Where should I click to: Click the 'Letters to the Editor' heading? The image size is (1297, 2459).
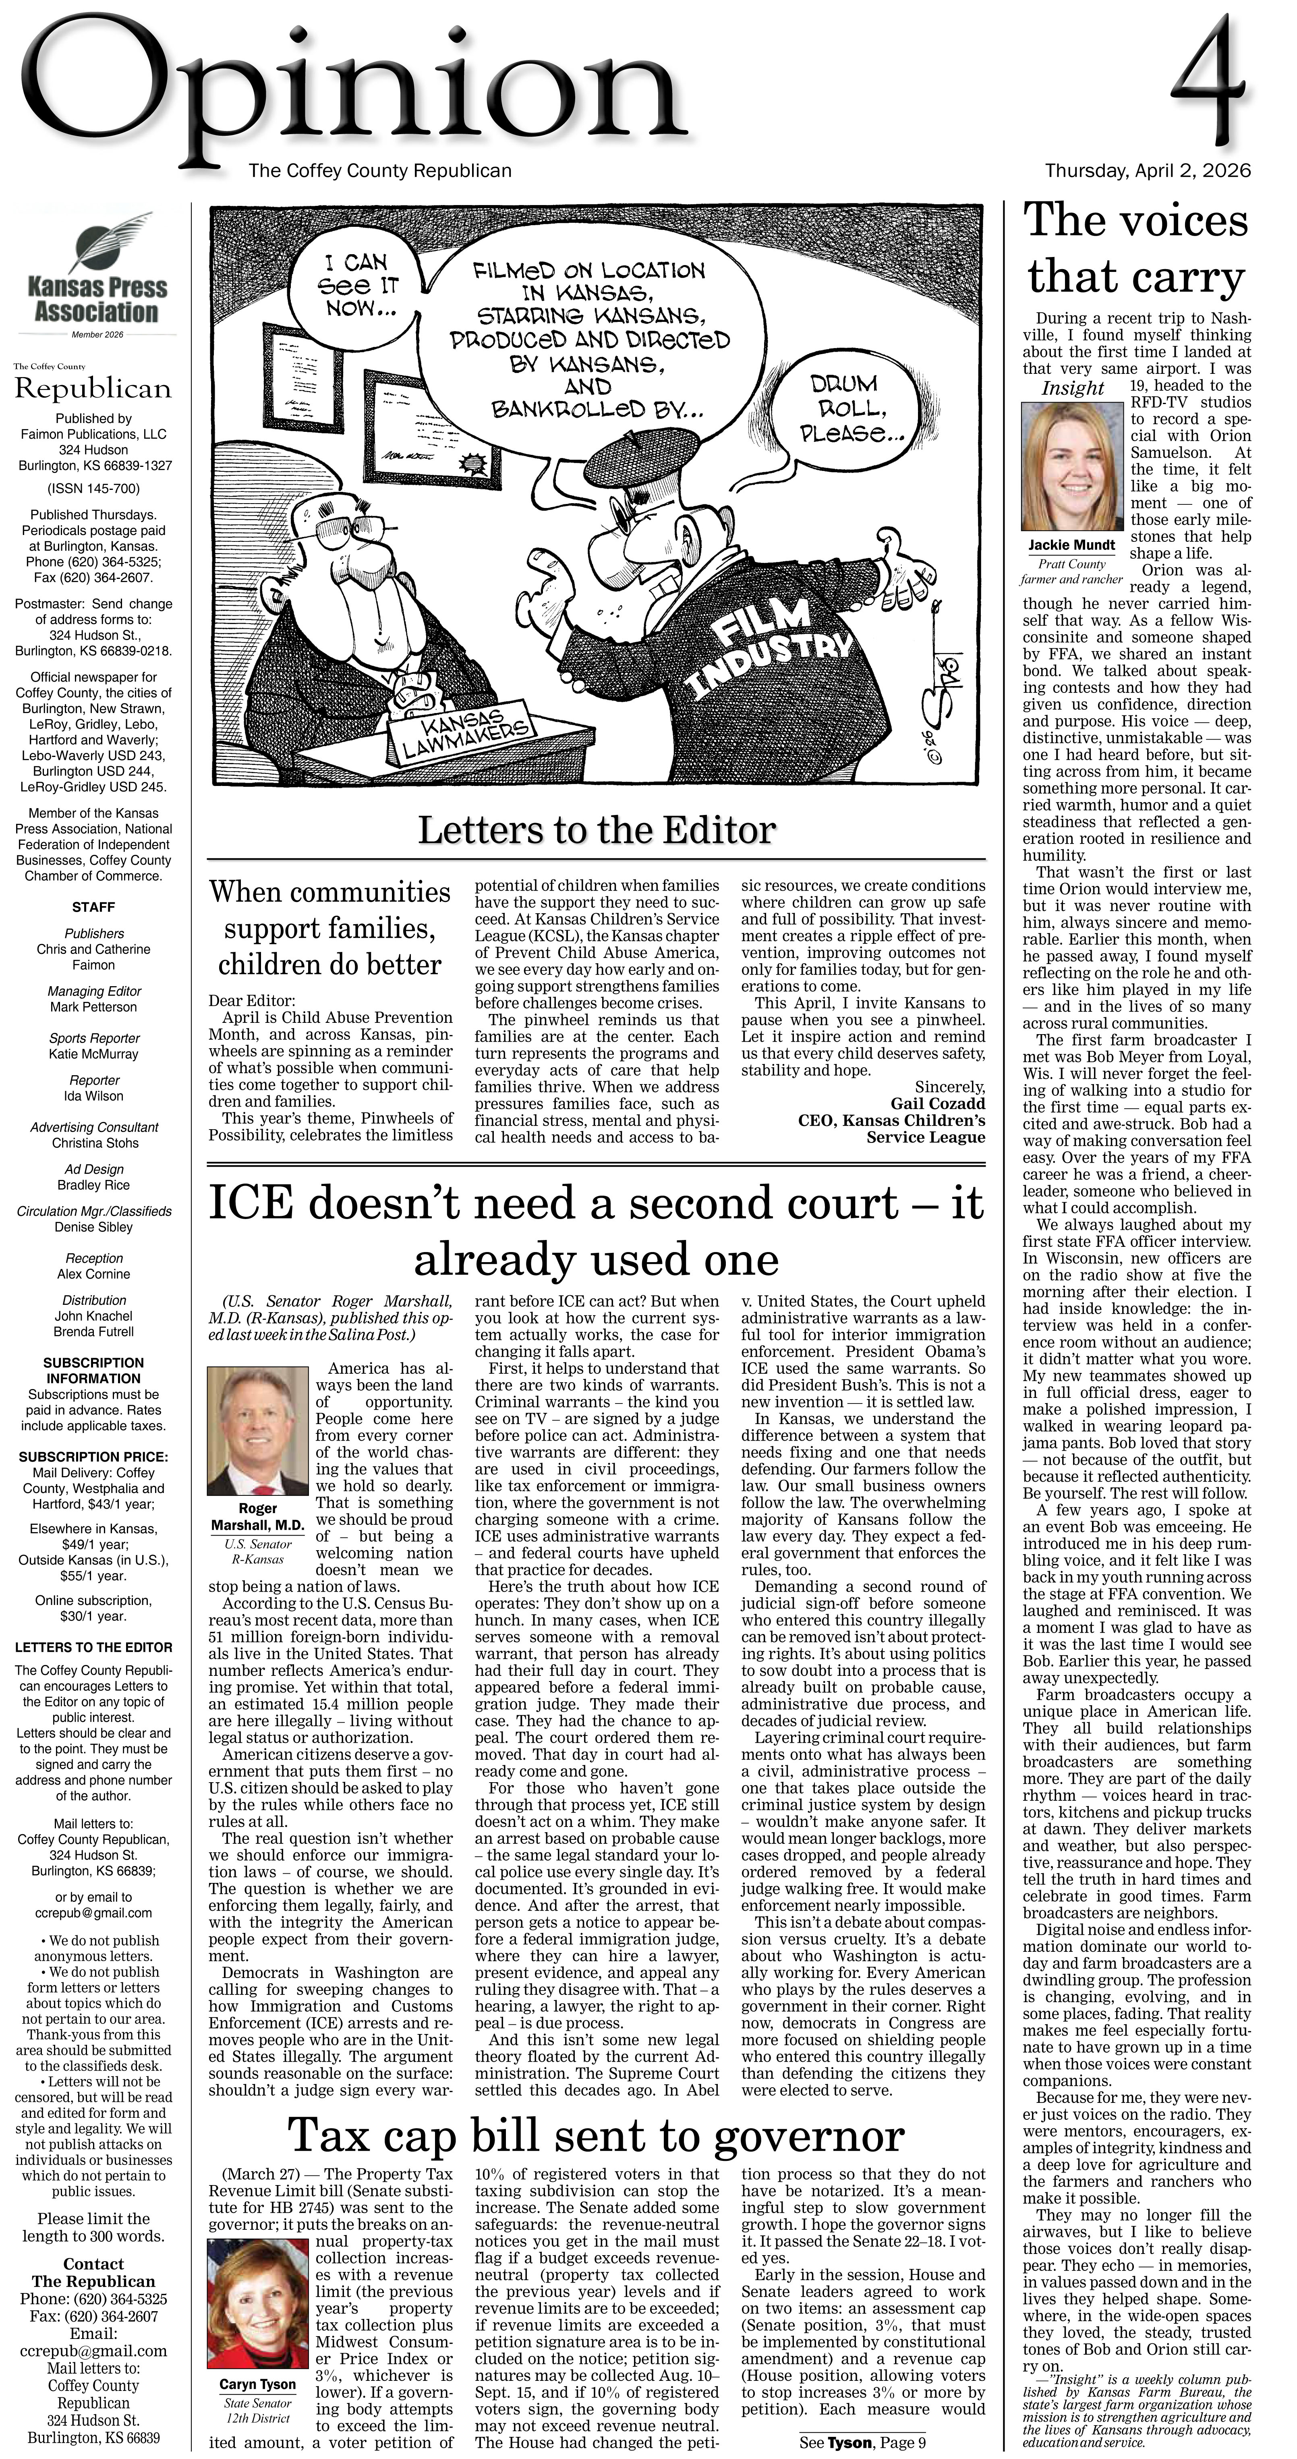click(x=597, y=829)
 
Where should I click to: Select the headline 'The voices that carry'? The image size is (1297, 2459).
click(x=1136, y=248)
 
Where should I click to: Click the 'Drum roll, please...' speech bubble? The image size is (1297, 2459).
click(x=844, y=408)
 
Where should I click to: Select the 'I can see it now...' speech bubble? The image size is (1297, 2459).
click(x=356, y=284)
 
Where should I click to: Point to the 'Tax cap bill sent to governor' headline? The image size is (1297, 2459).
click(x=597, y=2136)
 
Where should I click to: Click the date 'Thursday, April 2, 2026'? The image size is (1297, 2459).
click(x=1147, y=171)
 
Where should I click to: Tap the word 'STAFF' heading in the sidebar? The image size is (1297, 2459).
click(x=93, y=907)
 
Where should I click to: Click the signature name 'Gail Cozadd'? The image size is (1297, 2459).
click(x=937, y=1103)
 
